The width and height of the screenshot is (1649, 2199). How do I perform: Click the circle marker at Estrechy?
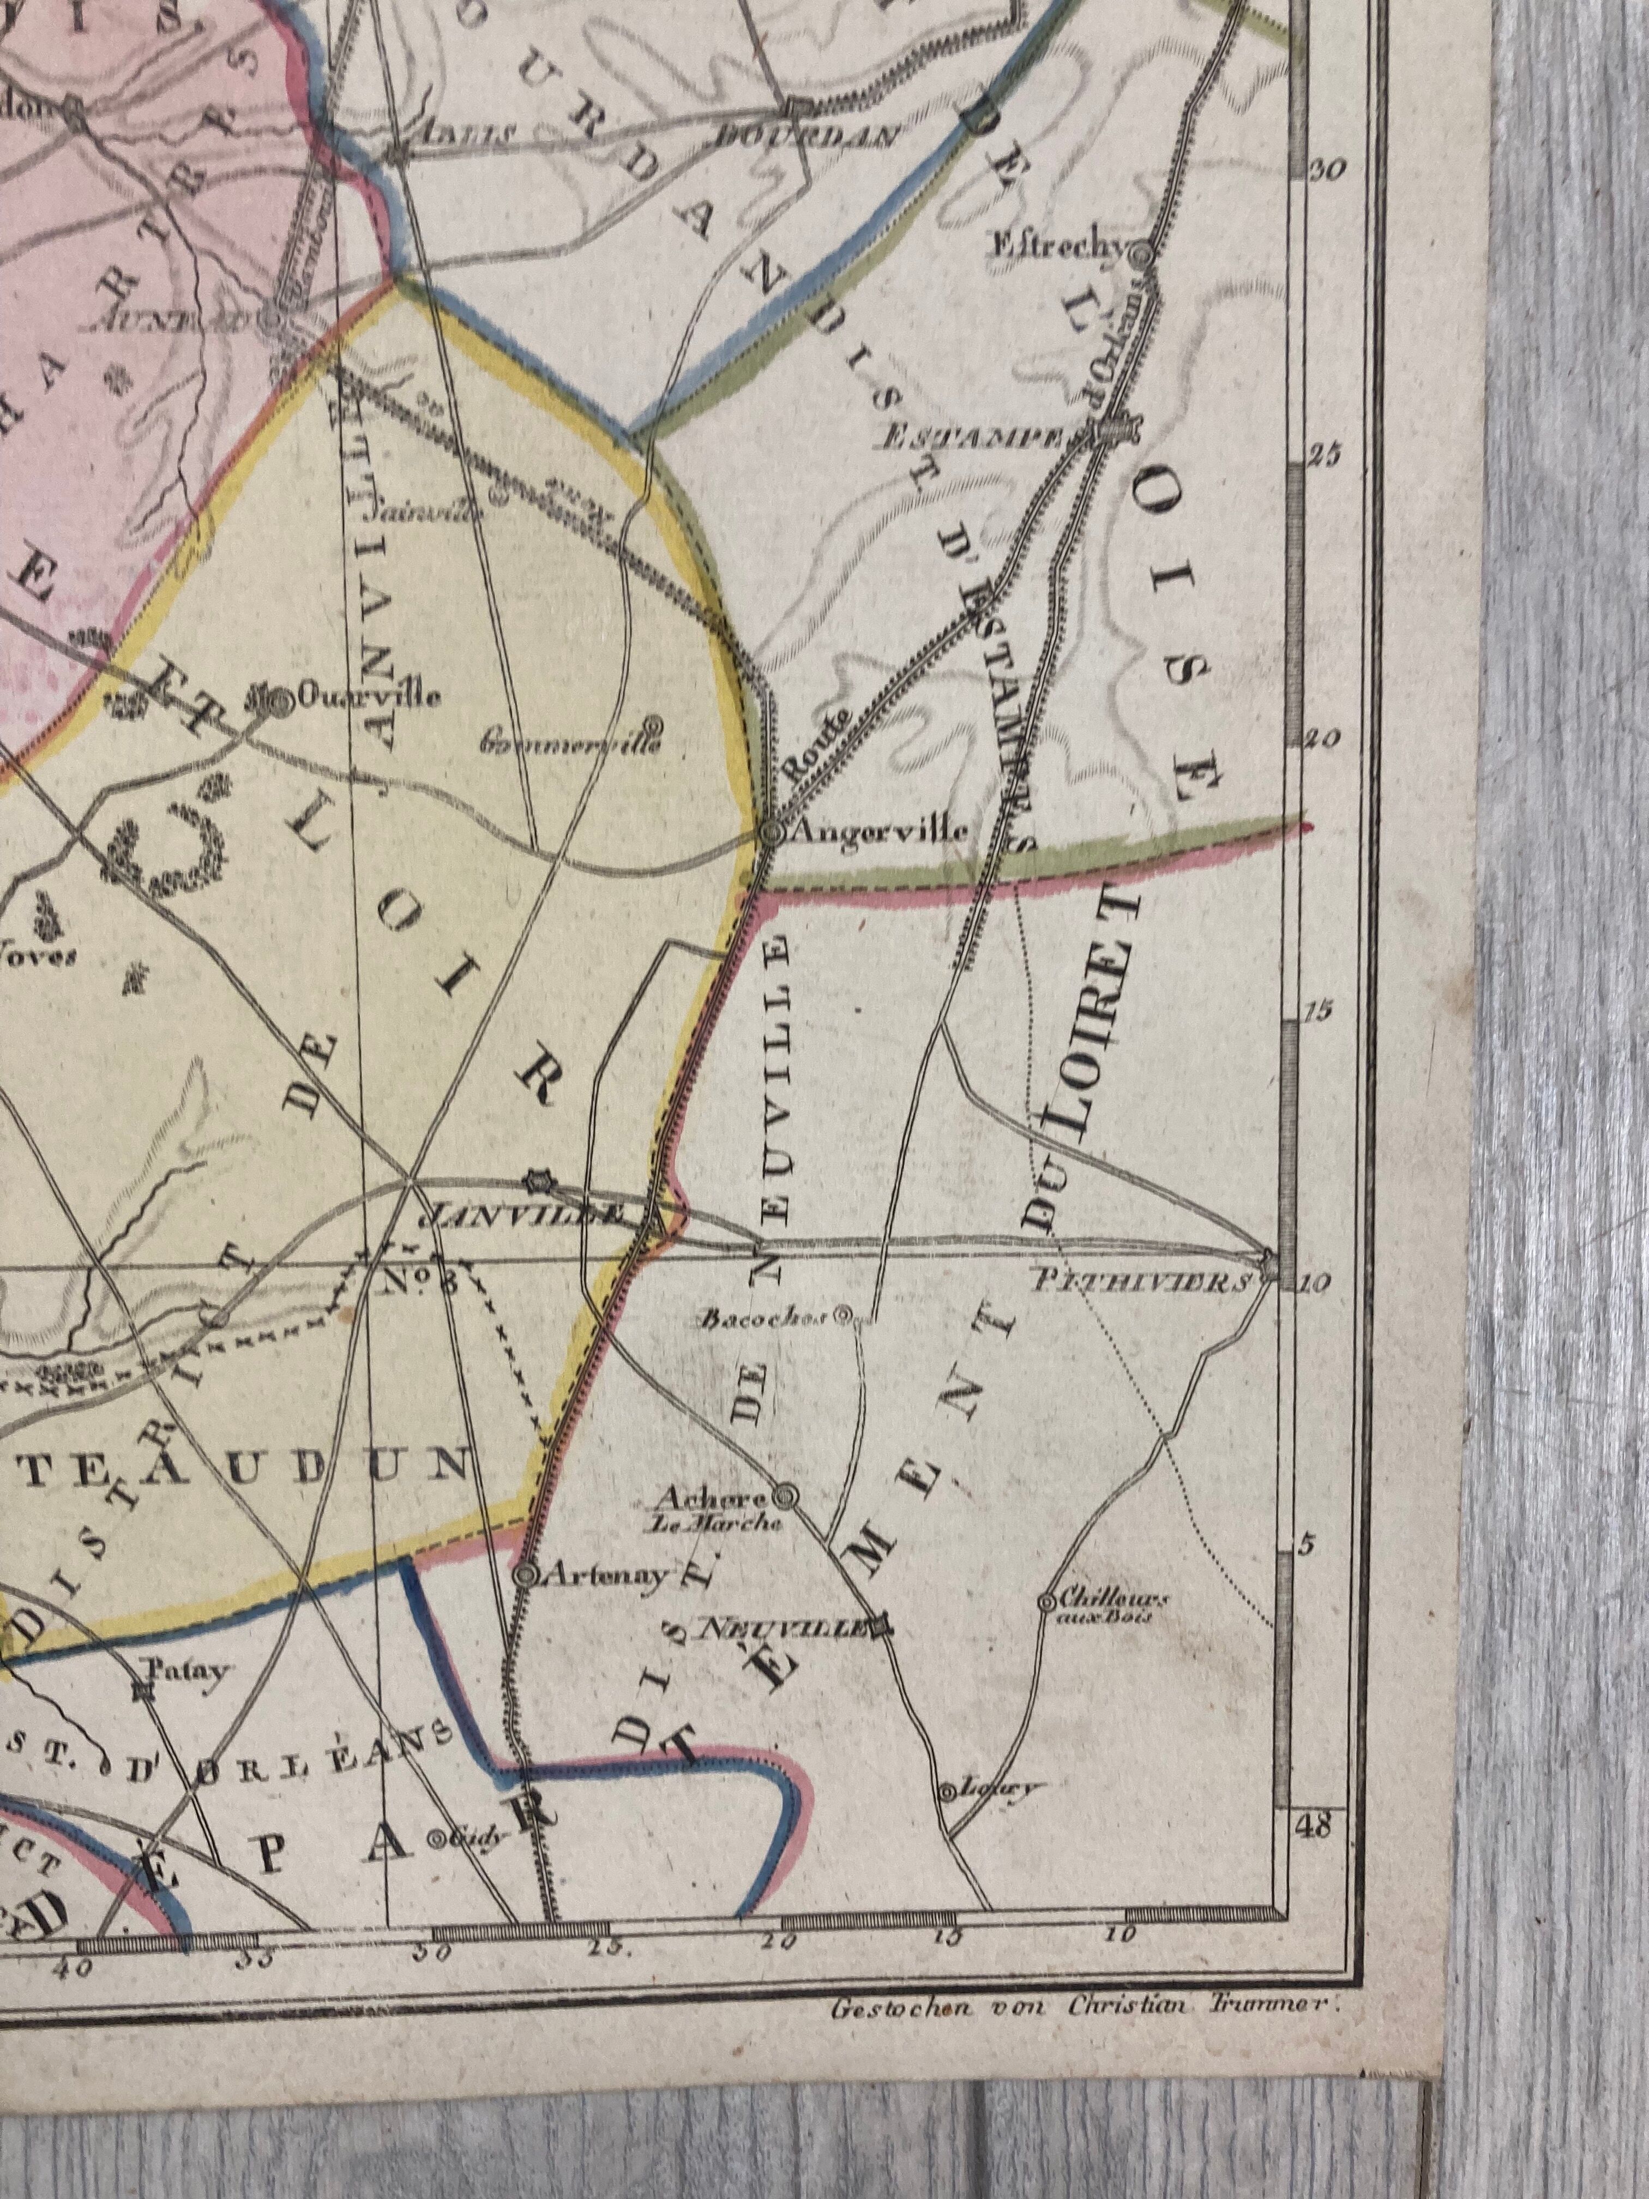pyautogui.click(x=1143, y=254)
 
